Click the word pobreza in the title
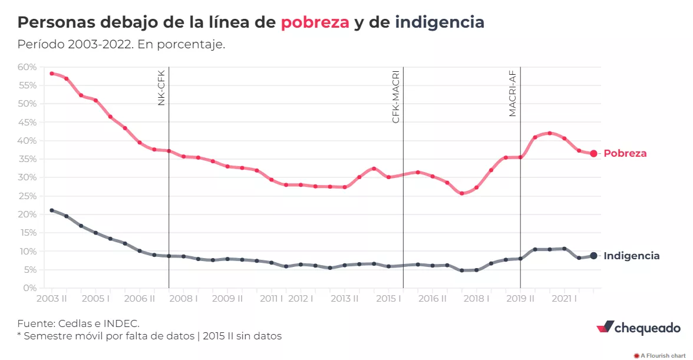pyautogui.click(x=315, y=23)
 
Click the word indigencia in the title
pyautogui.click(x=440, y=23)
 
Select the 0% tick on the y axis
pyautogui.click(x=29, y=288)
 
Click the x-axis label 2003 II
pyautogui.click(x=52, y=299)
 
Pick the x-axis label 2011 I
pyautogui.click(x=271, y=299)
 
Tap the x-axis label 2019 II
pyautogui.click(x=520, y=299)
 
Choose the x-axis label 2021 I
pyautogui.click(x=565, y=299)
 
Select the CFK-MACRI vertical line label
pyautogui.click(x=396, y=97)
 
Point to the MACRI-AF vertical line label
pyautogui.click(x=513, y=93)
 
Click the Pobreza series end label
pyautogui.click(x=625, y=153)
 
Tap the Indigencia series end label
pyautogui.click(x=632, y=256)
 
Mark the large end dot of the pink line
pyautogui.click(x=594, y=153)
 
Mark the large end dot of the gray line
pyautogui.click(x=594, y=256)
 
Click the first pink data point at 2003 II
pyautogui.click(x=52, y=74)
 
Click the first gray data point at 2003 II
pyautogui.click(x=52, y=210)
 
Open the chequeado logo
pyautogui.click(x=639, y=328)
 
